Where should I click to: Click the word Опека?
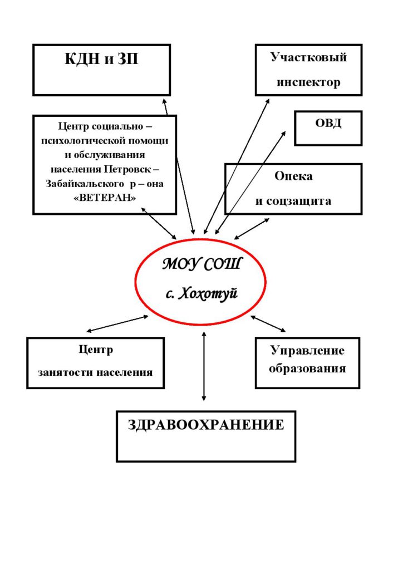click(293, 176)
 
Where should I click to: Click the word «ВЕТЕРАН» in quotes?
click(105, 198)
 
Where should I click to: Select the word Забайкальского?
click(85, 184)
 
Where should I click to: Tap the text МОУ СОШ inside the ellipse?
click(201, 264)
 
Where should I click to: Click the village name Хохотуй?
click(209, 293)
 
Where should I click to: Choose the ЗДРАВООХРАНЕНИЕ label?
click(206, 425)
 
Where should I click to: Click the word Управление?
click(307, 351)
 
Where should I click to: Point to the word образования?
click(307, 368)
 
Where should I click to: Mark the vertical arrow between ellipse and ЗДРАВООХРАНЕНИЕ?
click(204, 366)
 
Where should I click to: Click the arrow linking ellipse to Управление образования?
click(268, 323)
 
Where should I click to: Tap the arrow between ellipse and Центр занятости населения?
click(117, 324)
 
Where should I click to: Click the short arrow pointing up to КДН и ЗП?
click(165, 106)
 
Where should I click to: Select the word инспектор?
click(308, 82)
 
